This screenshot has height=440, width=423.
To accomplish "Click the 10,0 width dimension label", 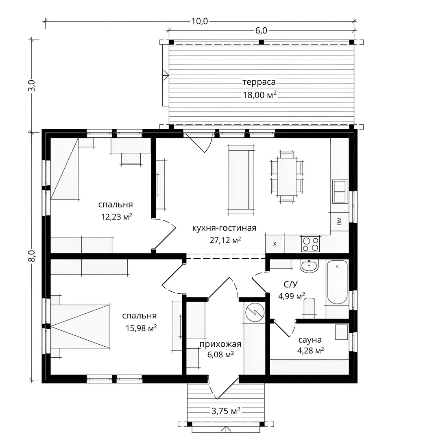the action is (x=200, y=21).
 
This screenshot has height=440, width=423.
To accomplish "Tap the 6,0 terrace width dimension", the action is (x=261, y=31).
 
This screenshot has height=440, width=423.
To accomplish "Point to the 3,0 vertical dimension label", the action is (x=32, y=85).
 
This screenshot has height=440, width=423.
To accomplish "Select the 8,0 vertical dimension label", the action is (x=32, y=255).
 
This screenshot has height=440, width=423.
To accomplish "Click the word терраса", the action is (x=259, y=82).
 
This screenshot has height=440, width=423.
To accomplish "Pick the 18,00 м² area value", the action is (x=259, y=95).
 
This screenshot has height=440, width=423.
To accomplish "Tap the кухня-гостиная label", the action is (x=225, y=228).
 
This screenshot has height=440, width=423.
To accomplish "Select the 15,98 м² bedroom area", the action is (x=141, y=328).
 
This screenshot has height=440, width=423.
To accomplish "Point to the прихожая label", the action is (x=220, y=344).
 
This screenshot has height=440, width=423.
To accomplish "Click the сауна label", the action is (x=310, y=340).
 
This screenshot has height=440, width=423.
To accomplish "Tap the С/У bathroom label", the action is (x=290, y=284).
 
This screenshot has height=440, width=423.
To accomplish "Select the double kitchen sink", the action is (x=340, y=191).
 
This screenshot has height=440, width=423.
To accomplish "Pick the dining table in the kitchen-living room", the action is (x=287, y=176).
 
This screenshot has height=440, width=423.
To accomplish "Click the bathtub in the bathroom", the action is (x=337, y=282).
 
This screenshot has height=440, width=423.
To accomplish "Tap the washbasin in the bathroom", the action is (x=309, y=266).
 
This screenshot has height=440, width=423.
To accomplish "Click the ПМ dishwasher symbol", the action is (x=340, y=221).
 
